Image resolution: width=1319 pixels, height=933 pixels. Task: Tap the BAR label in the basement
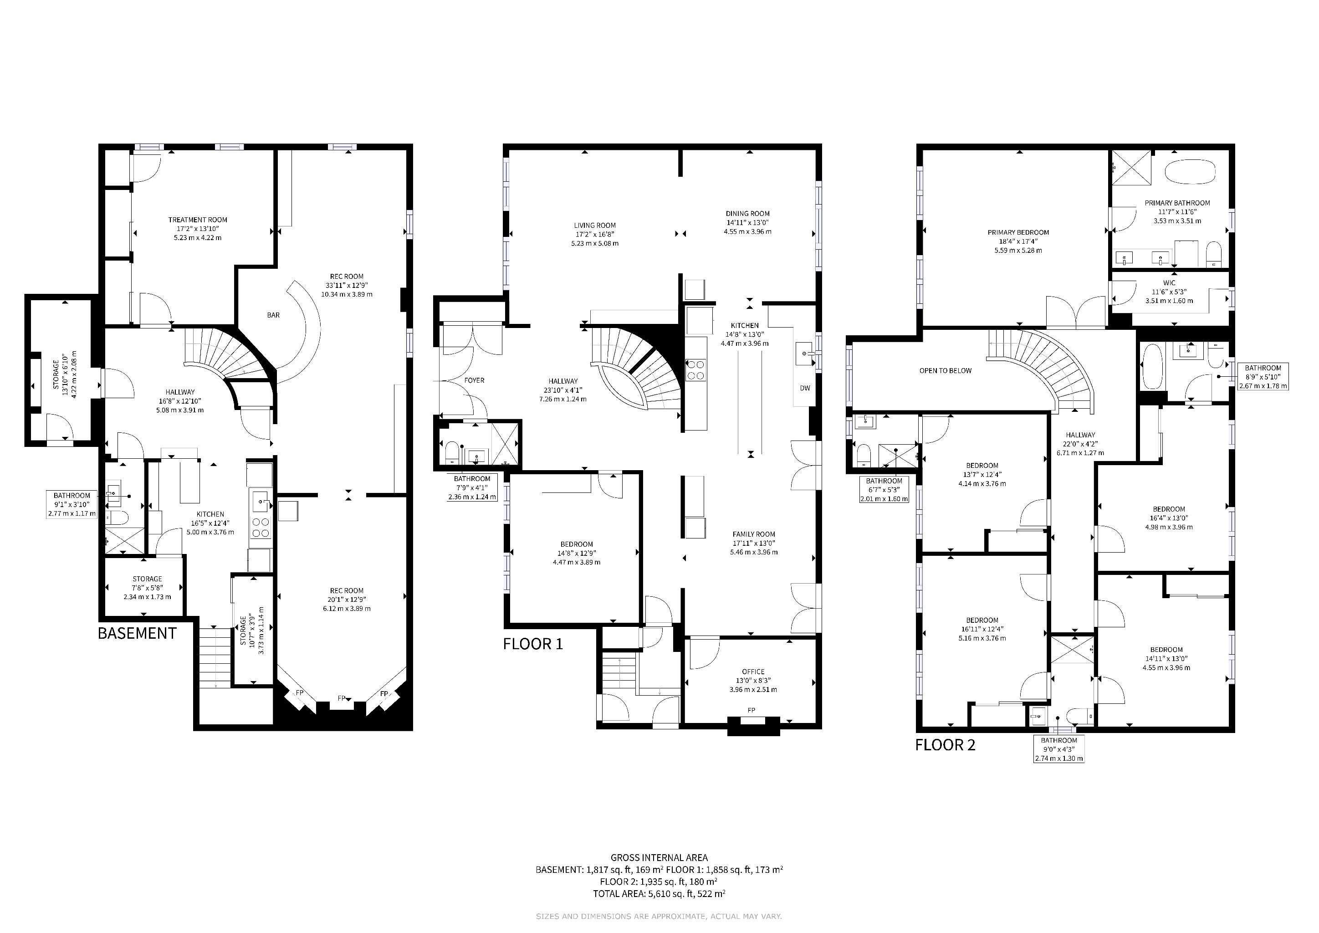tap(273, 315)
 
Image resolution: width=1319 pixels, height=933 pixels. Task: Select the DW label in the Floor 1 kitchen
tap(805, 388)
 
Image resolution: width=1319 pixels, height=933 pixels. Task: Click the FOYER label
tap(474, 380)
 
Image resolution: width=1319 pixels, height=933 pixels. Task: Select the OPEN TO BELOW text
tap(946, 370)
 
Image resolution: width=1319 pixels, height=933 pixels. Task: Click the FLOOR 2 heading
tap(945, 745)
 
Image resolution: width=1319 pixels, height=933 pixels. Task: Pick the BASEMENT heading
tap(137, 633)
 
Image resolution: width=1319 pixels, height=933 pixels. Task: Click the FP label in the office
tap(751, 710)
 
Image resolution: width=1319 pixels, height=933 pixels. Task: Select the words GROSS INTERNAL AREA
tap(659, 858)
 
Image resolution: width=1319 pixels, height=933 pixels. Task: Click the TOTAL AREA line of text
tap(659, 894)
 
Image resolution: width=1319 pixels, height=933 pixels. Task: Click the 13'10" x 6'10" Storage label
tap(65, 374)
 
